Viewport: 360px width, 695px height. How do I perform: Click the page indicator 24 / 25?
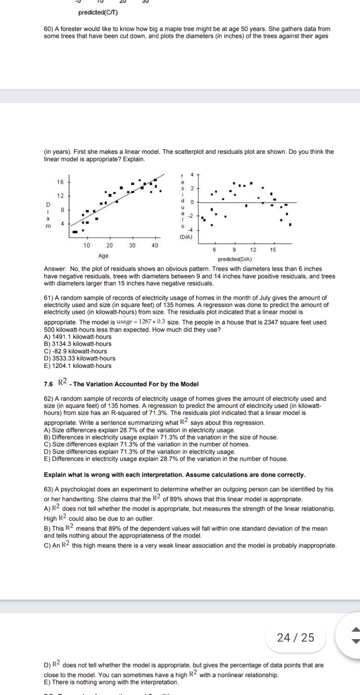pos(296,637)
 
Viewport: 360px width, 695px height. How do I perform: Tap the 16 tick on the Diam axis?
pos(60,182)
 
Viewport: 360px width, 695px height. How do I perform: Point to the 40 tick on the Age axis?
pos(155,245)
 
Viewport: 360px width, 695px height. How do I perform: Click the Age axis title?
pos(103,256)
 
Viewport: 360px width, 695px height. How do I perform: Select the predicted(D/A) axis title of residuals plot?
pos(235,259)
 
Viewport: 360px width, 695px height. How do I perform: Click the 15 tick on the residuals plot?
pos(273,250)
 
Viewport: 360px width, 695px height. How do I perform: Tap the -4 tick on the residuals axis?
pos(190,230)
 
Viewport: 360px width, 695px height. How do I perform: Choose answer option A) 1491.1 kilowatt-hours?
pos(77,337)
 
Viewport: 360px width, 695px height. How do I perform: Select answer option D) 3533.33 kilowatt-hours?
pos(79,358)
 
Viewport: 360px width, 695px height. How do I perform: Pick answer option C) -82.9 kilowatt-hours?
pos(75,351)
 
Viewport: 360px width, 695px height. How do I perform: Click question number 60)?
pos(48,29)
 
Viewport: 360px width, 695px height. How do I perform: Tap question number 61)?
pos(48,298)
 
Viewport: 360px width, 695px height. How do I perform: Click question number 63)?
pos(48,489)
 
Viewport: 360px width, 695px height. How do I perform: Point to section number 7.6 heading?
pos(48,384)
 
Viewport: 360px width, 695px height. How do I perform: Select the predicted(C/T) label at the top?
pos(98,13)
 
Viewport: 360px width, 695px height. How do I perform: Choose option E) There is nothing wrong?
pos(111,682)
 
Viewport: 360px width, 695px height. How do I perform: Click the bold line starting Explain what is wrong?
pos(174,475)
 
